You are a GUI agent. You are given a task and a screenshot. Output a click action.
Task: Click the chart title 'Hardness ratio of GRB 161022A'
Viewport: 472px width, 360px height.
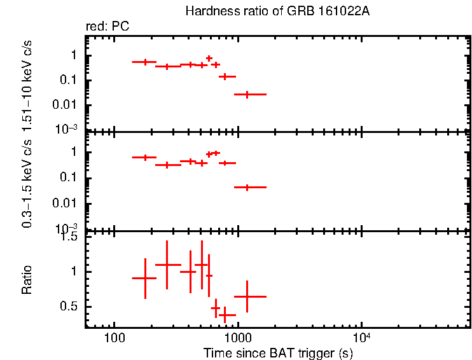coord(277,11)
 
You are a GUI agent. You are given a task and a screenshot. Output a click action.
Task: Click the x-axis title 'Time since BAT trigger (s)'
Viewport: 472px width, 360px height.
coord(278,352)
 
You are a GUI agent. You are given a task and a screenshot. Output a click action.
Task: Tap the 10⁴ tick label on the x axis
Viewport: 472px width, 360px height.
coord(361,336)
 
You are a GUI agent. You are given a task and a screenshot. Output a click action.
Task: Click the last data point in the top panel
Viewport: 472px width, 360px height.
coord(247,94)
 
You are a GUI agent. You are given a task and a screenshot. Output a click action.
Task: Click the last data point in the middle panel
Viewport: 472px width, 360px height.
coord(247,187)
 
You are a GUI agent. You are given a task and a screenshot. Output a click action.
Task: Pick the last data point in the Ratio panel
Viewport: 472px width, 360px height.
coord(247,296)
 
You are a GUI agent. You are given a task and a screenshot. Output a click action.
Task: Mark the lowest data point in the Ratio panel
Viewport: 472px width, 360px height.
coord(224,314)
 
